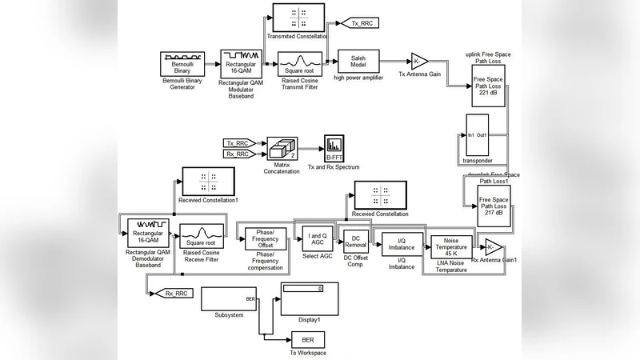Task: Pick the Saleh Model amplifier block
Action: (358, 62)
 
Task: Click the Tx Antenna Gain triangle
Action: (420, 62)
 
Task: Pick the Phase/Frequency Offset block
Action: (265, 238)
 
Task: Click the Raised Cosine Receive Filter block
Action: (200, 238)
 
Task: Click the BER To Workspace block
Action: (307, 339)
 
